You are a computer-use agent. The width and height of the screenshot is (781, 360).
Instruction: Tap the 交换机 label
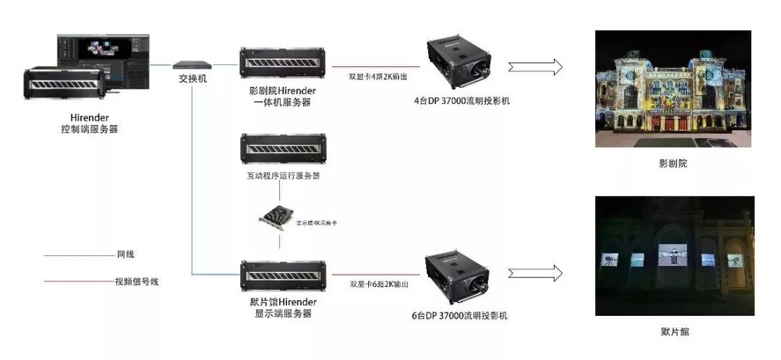pos(192,78)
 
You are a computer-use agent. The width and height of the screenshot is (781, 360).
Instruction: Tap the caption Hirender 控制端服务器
pos(89,124)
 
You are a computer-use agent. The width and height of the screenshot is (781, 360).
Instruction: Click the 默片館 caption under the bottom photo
pos(674,332)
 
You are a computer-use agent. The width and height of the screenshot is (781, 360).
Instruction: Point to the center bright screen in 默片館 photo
pos(673,257)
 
